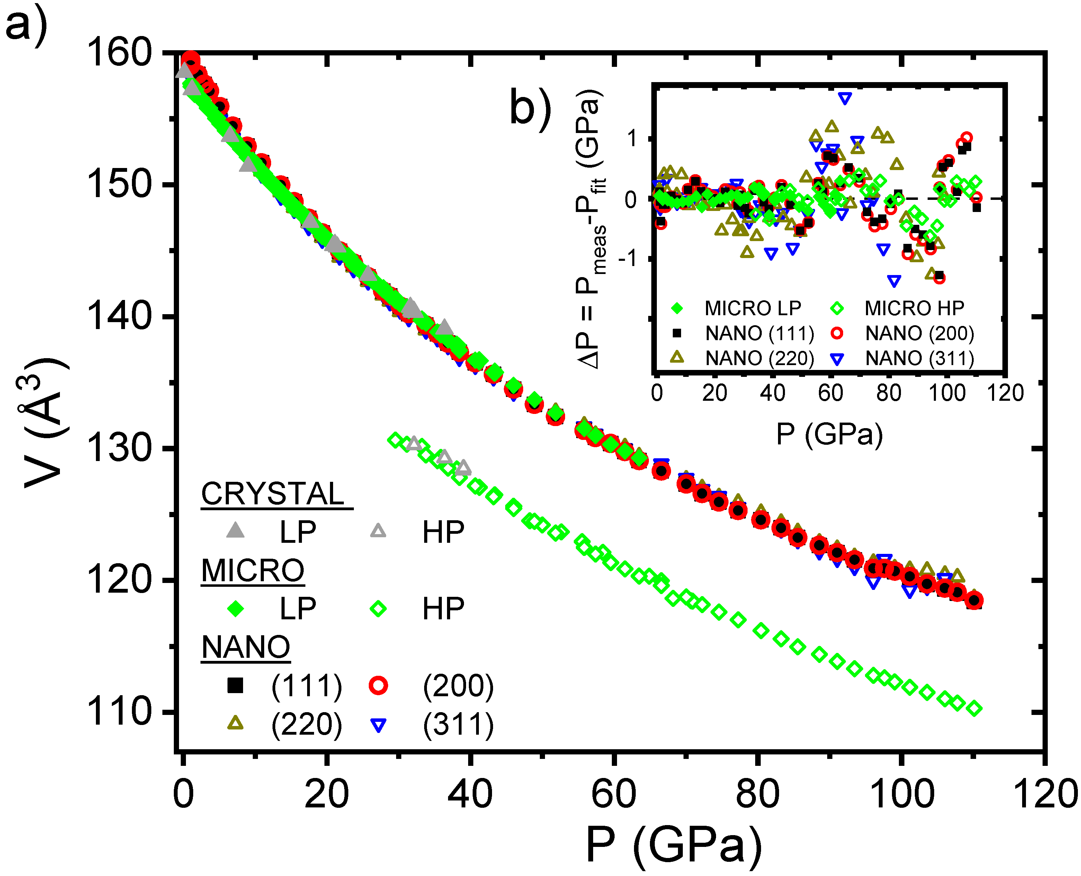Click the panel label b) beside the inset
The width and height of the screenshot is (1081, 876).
(x=530, y=107)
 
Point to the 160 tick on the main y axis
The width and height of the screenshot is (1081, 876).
(x=119, y=53)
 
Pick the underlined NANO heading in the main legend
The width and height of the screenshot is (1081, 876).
(x=245, y=647)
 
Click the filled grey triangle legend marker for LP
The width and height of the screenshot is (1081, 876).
(x=235, y=530)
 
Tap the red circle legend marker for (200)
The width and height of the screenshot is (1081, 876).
(x=378, y=685)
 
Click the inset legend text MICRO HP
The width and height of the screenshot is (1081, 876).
(x=914, y=308)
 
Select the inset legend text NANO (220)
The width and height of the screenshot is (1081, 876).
(x=760, y=358)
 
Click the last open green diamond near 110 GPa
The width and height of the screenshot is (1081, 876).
(x=975, y=708)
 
